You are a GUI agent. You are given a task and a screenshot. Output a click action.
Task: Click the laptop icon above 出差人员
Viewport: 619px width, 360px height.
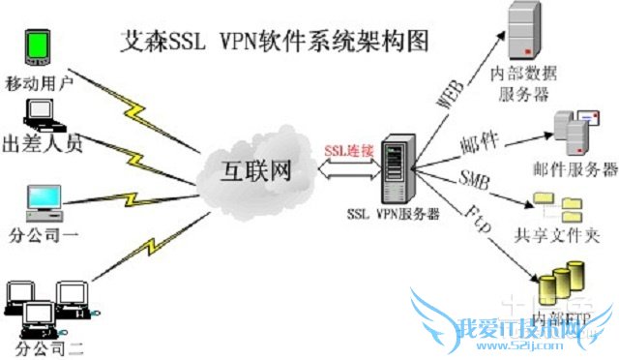[x=42, y=114]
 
